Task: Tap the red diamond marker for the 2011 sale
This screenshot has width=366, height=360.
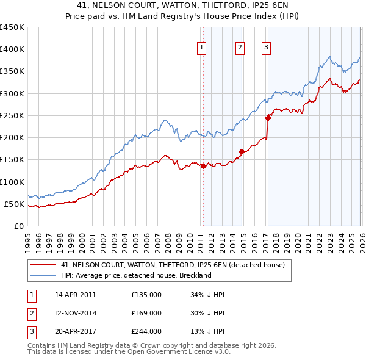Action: (203, 166)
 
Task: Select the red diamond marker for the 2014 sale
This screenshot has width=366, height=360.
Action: (242, 151)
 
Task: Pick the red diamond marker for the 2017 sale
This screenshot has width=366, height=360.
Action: (268, 118)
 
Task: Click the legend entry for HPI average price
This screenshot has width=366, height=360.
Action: (135, 275)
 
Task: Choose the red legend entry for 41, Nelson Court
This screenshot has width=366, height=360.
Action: (173, 265)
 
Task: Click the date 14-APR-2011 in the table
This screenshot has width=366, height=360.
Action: (76, 295)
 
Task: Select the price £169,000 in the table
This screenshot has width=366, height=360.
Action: (146, 313)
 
